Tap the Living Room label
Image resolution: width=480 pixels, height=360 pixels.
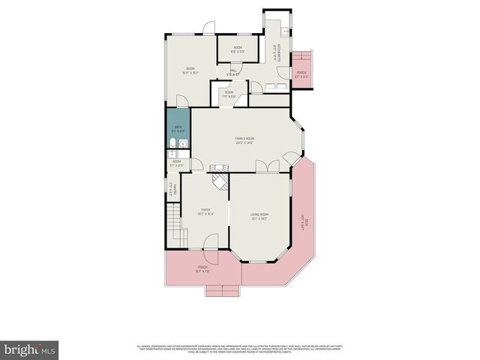coord(259,216)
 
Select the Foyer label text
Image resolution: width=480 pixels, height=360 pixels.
coord(205,211)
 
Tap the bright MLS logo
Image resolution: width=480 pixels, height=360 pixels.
coord(30,349)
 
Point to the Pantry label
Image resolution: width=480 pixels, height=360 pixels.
coord(172,190)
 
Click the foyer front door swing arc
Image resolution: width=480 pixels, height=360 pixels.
coord(211,241)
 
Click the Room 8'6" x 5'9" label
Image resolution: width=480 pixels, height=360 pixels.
coord(237,49)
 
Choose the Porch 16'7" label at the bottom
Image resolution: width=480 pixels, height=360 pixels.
coord(202,269)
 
